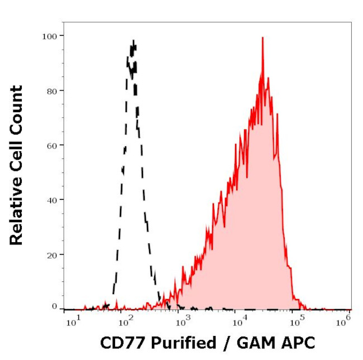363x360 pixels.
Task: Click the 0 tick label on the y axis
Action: pos(54,306)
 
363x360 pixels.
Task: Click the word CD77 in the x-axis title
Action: pos(119,342)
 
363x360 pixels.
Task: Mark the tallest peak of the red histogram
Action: pos(262,39)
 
